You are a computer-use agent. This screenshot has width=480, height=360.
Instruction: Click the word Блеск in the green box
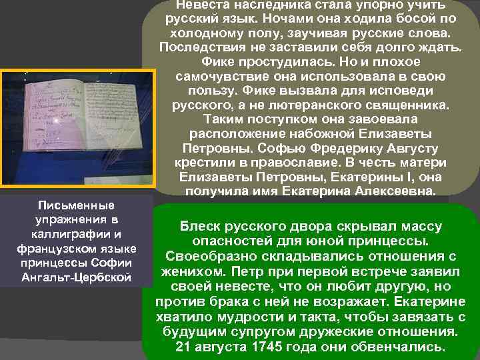(x=197, y=227)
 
